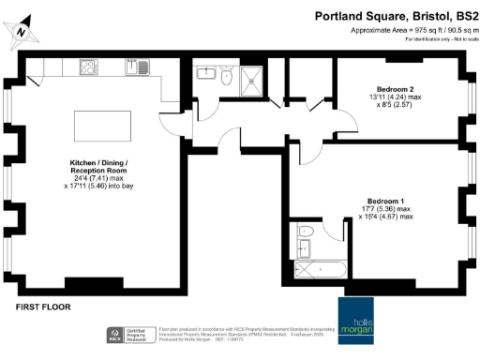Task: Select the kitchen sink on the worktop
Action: pyautogui.click(x=142, y=67)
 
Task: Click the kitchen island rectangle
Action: pyautogui.click(x=96, y=123)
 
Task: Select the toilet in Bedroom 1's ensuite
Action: pyautogui.click(x=304, y=232)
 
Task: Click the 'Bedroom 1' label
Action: pyautogui.click(x=387, y=202)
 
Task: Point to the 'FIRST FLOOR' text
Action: pyautogui.click(x=43, y=307)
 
